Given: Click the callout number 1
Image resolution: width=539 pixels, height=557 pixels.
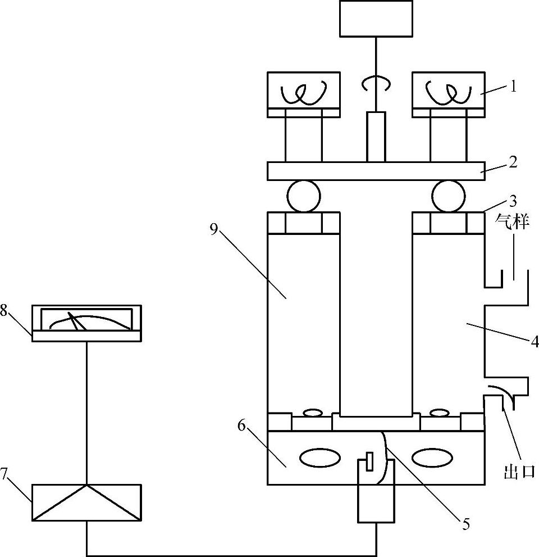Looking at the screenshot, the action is click(x=513, y=87).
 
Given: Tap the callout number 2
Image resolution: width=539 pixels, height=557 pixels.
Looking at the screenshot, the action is click(x=513, y=162).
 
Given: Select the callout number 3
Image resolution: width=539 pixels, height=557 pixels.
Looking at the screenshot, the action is click(x=513, y=201).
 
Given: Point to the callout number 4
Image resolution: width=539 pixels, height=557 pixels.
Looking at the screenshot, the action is click(x=535, y=341).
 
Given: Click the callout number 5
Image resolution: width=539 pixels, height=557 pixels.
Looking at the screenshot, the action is click(x=465, y=524).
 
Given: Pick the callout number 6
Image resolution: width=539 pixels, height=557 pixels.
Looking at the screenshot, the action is click(x=241, y=425).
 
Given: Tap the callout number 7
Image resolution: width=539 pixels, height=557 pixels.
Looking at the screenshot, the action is click(x=3, y=473).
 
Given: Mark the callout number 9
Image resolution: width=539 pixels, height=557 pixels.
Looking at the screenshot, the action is click(x=213, y=230).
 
